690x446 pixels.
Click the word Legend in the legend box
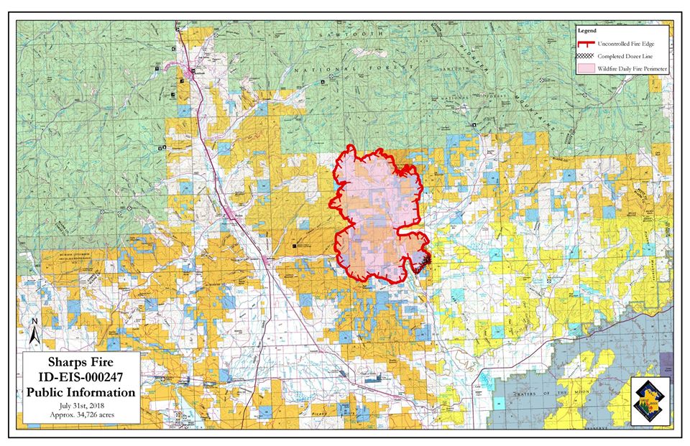[587, 32]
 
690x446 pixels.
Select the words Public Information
[80, 392]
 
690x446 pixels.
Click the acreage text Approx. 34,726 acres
[80, 414]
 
